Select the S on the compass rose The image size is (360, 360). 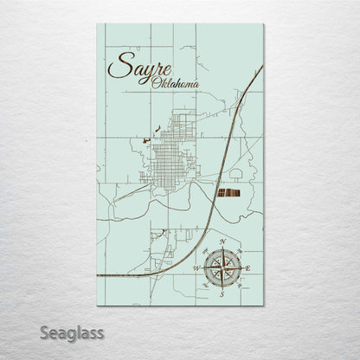[222, 294]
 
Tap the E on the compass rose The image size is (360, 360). [249, 268]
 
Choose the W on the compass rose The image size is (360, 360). [196, 268]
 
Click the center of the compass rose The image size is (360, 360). [222, 267]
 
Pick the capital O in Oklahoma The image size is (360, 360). [154, 83]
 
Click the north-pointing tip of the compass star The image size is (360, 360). [222, 247]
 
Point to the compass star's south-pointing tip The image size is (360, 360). [222, 288]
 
